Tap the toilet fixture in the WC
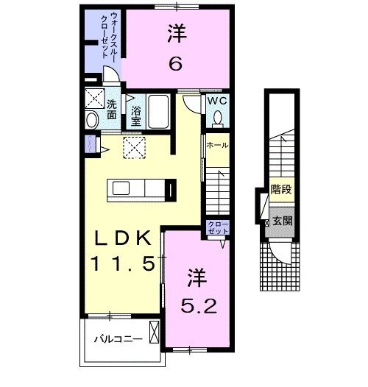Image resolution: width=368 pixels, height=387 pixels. (219, 117)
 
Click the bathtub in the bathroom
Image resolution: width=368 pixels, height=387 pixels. (159, 112)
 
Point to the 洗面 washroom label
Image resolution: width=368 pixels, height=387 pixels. (111, 109)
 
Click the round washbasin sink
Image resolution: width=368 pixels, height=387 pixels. (93, 119)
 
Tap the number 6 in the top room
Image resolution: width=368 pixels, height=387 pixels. (175, 64)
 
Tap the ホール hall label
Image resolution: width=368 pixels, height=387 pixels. (217, 146)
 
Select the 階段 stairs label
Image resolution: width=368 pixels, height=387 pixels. (281, 190)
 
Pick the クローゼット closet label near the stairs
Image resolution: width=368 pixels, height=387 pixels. (218, 227)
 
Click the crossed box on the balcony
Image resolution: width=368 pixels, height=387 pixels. (154, 333)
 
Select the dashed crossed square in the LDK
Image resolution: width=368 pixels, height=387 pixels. (133, 148)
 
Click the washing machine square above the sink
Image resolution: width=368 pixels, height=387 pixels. (92, 98)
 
